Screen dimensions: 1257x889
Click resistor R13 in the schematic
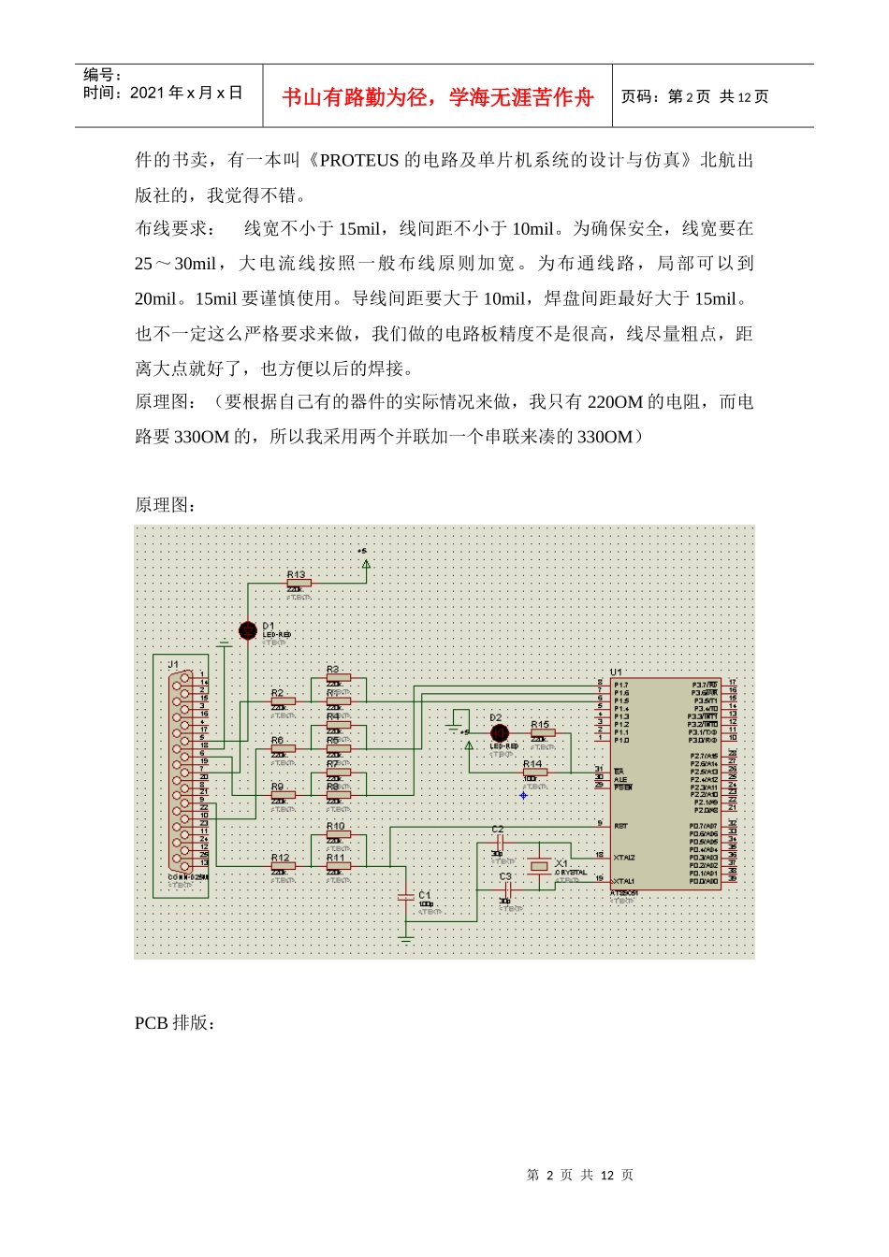coord(299,584)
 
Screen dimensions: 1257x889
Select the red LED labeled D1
coord(248,631)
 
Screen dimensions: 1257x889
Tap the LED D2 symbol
coord(500,733)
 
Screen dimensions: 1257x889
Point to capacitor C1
coord(406,896)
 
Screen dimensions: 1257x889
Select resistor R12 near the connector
coord(283,866)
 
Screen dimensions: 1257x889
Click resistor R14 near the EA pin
coord(534,773)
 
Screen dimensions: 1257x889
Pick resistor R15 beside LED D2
coord(543,733)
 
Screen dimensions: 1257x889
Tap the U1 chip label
coord(616,672)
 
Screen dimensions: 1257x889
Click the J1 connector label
coord(173,665)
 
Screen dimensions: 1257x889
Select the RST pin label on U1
coord(621,826)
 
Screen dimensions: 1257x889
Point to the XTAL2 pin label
coord(624,857)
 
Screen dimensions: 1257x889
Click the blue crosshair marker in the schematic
coord(523,796)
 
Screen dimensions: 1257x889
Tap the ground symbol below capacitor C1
coord(406,937)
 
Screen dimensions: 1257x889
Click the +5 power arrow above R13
coord(366,563)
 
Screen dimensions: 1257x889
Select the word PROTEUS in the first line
coord(359,160)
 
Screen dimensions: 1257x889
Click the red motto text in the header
coord(438,97)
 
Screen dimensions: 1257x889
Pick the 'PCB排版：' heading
coord(176,1023)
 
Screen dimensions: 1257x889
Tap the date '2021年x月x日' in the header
coord(186,93)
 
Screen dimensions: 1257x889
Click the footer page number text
coord(580,1175)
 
